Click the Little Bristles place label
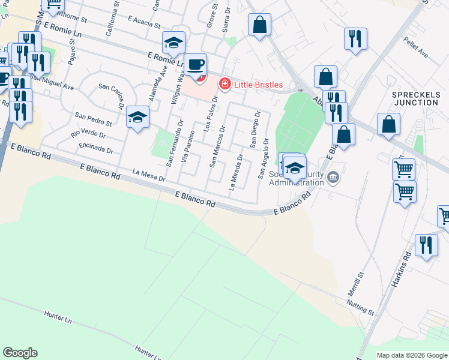click(258, 85)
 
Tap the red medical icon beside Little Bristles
click(225, 85)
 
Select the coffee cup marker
click(194, 64)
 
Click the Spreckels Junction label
click(416, 98)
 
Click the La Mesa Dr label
click(149, 175)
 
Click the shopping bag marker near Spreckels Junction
click(389, 124)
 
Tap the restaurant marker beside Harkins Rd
click(426, 245)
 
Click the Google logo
click(20, 353)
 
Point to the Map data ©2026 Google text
click(411, 355)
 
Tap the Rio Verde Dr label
click(88, 132)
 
